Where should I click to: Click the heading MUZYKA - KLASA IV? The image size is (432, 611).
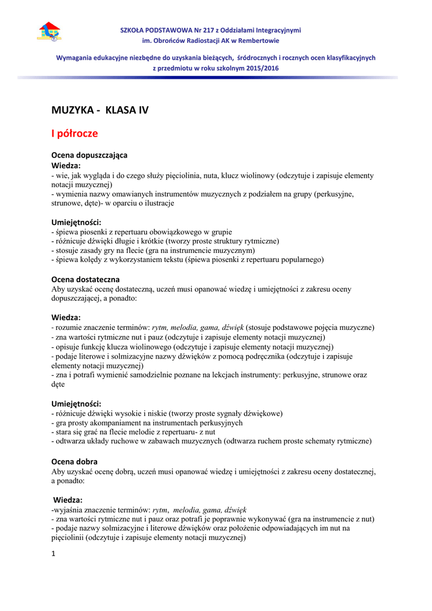tap(100, 110)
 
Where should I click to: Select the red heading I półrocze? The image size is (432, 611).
tap(74, 133)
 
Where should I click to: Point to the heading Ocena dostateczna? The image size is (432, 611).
tap(85, 279)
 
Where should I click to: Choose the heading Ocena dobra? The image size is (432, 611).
tap(74, 461)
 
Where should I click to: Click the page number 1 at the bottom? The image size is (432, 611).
tap(53, 554)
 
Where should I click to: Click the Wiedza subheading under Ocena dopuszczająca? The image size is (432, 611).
tap(66, 165)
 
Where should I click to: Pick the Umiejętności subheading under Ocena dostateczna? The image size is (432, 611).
tap(76, 403)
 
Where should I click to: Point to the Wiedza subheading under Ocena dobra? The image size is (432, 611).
tap(68, 499)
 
